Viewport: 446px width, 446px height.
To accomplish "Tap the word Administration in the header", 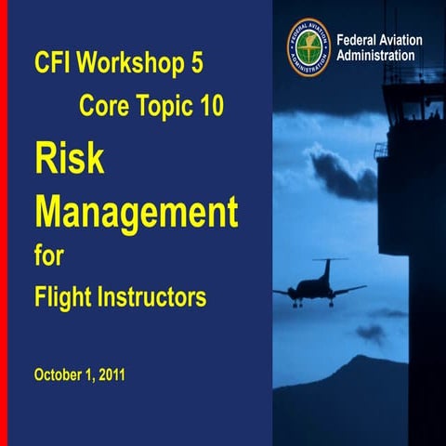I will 375,56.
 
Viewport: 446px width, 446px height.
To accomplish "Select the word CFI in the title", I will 54,66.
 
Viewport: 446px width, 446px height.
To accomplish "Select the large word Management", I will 137,211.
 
